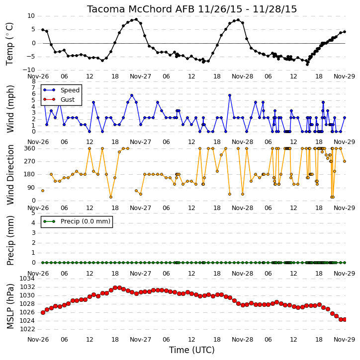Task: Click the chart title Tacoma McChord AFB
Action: pyautogui.click(x=141, y=9)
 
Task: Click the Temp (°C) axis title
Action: pyautogui.click(x=9, y=44)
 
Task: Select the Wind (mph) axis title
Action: pyautogui.click(x=10, y=109)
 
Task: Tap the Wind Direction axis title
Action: pyautogui.click(x=10, y=175)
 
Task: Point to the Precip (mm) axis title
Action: pyautogui.click(x=10, y=241)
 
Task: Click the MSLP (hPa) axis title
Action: pyautogui.click(x=10, y=306)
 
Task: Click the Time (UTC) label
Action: pyautogui.click(x=192, y=350)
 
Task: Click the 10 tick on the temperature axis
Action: pyautogui.click(x=31, y=16)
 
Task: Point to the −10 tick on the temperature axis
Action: pyautogui.click(x=29, y=70)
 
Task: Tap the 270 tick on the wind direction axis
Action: pyautogui.click(x=30, y=161)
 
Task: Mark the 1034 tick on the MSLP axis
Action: pyautogui.click(x=27, y=279)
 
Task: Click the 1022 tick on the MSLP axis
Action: pyautogui.click(x=27, y=329)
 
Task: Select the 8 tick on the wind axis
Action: pyautogui.click(x=33, y=81)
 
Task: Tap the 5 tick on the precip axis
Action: pyautogui.click(x=33, y=214)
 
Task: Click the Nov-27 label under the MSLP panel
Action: pyautogui.click(x=140, y=340)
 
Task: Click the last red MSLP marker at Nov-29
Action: pyautogui.click(x=345, y=320)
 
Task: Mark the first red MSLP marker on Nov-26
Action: pyautogui.click(x=43, y=312)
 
